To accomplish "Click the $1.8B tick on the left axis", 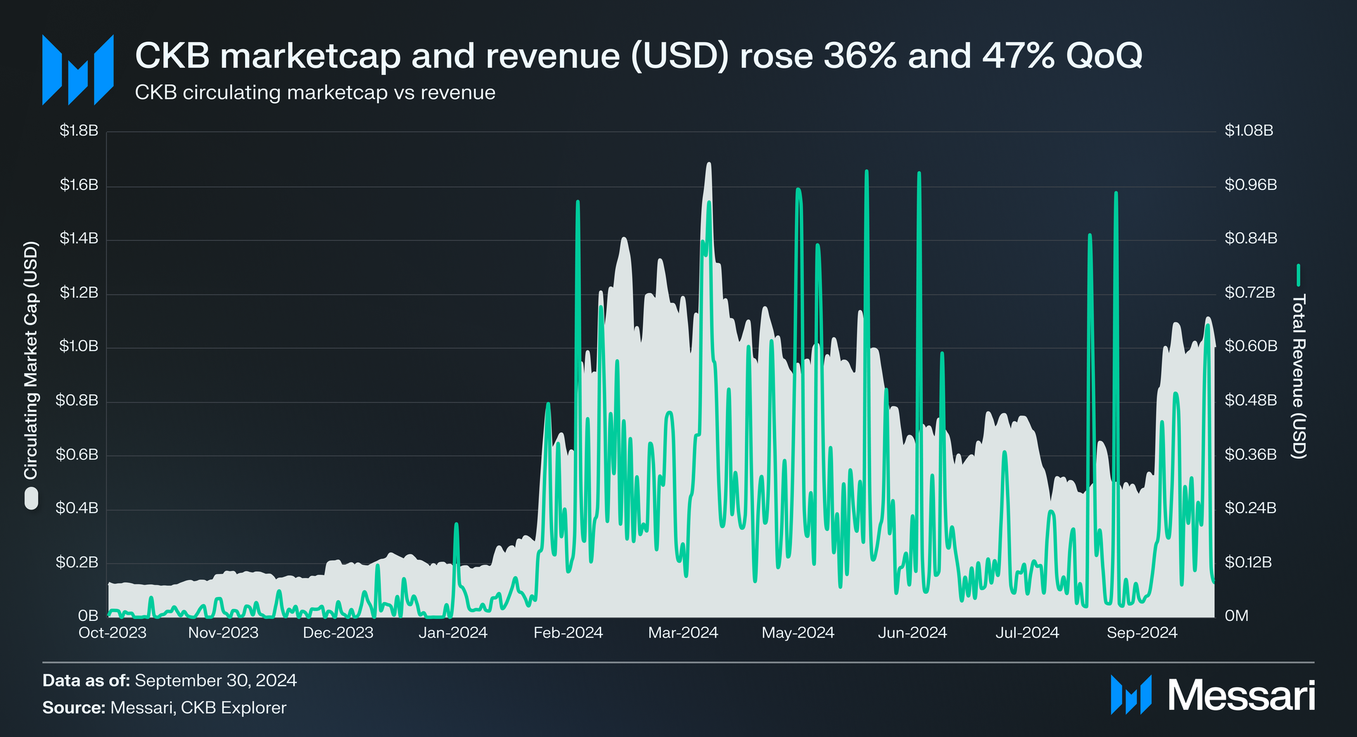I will [x=79, y=131].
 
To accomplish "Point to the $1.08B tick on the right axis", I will [x=1248, y=131].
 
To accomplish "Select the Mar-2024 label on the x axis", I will [x=683, y=632].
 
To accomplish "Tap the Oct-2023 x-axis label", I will [x=112, y=632].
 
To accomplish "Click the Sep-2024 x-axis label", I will [x=1142, y=632].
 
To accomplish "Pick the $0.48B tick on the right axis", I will [x=1250, y=401].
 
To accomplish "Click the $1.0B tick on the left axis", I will [x=79, y=347].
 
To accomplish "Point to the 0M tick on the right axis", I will [x=1236, y=616].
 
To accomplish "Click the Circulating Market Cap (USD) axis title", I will [x=31, y=360].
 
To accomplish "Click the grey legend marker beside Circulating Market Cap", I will [x=31, y=499].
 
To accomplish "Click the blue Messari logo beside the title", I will [x=77, y=70].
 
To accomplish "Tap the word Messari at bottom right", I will [x=1241, y=696].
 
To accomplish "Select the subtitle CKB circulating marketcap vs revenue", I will [x=315, y=93].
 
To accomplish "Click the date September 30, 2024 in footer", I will [x=215, y=681].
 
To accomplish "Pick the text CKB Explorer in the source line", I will [x=233, y=708].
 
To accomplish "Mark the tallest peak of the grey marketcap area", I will [x=708, y=164].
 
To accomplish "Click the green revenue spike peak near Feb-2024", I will [x=577, y=202].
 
